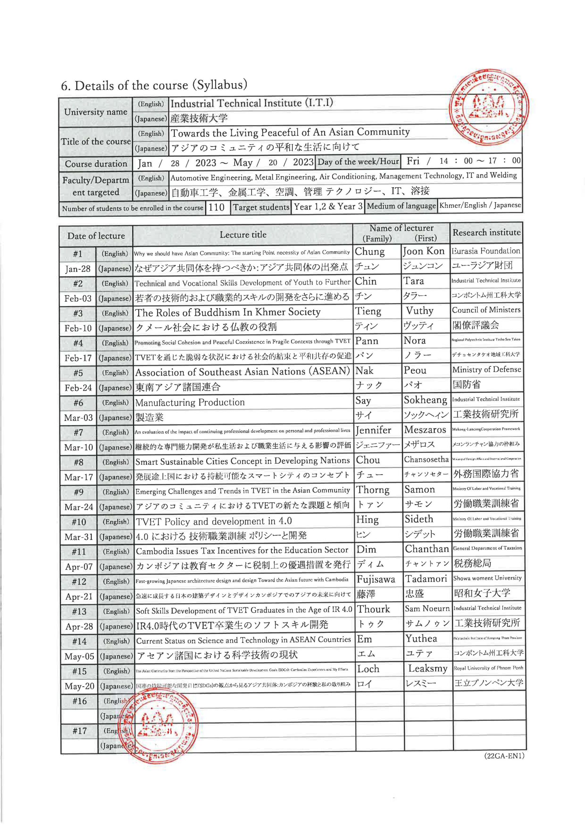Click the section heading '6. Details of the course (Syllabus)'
click(154, 85)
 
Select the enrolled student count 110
click(216, 207)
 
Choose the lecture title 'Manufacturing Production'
click(190, 402)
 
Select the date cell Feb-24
click(78, 388)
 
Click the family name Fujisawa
click(376, 580)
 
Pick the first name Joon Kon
click(423, 251)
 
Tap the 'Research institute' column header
click(486, 233)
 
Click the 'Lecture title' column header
click(243, 235)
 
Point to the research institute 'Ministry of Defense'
click(486, 370)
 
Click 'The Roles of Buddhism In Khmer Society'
click(228, 312)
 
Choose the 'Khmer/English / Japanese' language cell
click(480, 205)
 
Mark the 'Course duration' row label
click(96, 164)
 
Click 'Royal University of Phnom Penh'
click(488, 668)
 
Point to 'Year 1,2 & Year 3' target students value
click(328, 207)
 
